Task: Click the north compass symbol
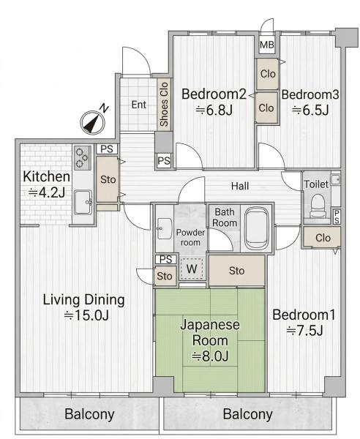[x=93, y=122]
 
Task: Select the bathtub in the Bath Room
[x=257, y=228]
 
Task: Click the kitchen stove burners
[x=82, y=157]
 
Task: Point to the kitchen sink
[x=83, y=202]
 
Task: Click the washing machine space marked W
[x=192, y=269]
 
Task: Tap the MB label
[x=266, y=44]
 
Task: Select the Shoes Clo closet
[x=164, y=104]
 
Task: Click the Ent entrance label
[x=139, y=105]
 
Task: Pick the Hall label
[x=240, y=186]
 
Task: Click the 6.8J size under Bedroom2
[x=214, y=110]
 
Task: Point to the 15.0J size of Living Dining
[x=86, y=315]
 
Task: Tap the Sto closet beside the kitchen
[x=108, y=179]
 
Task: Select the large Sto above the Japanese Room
[x=237, y=271]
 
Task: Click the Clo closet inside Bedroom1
[x=322, y=238]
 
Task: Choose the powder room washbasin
[x=165, y=228]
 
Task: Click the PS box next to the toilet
[x=336, y=217]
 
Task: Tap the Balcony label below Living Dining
[x=89, y=414]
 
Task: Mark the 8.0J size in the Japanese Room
[x=210, y=356]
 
